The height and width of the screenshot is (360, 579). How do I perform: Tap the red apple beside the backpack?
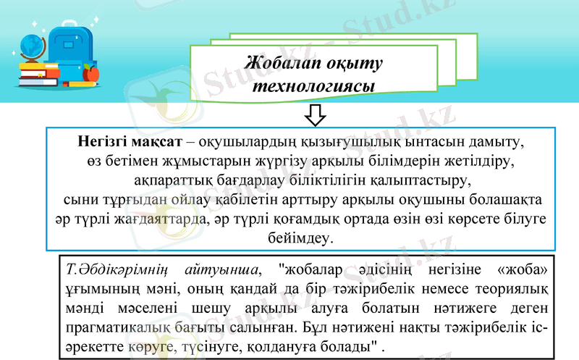coord(90,72)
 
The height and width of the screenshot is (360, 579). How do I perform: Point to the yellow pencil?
coord(85,85)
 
